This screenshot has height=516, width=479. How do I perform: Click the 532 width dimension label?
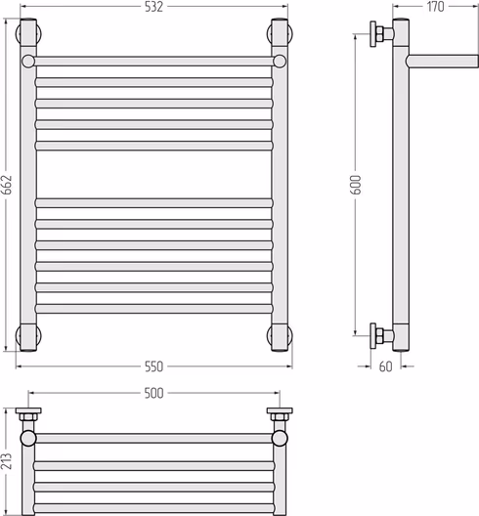coord(153,7)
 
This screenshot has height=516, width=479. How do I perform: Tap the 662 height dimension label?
coord(7,185)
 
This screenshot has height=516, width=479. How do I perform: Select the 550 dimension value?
coord(153,366)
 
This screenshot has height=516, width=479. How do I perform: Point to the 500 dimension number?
coord(153,393)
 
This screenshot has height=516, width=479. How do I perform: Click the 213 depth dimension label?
coord(7,460)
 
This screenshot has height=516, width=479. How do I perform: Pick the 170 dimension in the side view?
coord(436,7)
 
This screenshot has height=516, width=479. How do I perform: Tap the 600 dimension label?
coord(357,185)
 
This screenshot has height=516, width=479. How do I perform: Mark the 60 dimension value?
coord(386,366)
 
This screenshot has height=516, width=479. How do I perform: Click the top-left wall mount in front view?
coord(28,33)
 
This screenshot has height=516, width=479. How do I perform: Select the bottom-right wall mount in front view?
coord(280,335)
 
